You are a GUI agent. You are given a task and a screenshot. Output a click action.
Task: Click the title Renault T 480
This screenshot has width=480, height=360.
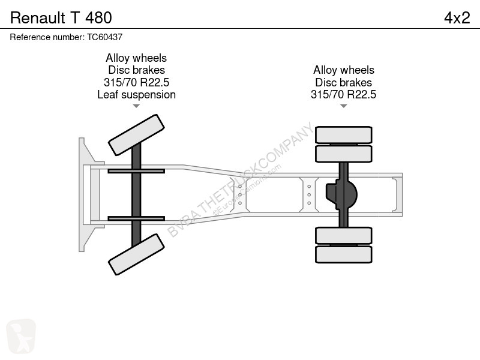click(x=61, y=18)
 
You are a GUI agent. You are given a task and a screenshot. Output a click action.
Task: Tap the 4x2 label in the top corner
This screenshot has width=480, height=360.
click(x=457, y=18)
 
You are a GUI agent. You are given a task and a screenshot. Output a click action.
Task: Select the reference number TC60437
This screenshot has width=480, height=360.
click(x=104, y=37)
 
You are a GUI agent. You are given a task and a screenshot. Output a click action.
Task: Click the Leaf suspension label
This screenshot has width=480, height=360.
click(x=137, y=95)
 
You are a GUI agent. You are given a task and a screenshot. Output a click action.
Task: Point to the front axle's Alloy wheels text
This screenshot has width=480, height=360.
click(x=136, y=58)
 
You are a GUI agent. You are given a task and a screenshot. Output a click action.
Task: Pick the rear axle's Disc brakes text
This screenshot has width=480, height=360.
click(x=343, y=82)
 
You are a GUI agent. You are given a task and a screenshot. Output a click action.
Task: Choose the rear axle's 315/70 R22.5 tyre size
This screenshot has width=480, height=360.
click(x=343, y=94)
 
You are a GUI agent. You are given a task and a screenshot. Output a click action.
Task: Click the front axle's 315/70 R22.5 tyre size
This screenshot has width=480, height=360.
click(x=137, y=82)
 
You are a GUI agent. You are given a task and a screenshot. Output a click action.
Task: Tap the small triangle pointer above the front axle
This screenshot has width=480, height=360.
click(x=136, y=106)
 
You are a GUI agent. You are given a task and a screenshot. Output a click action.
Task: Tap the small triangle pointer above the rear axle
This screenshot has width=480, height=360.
click(x=343, y=106)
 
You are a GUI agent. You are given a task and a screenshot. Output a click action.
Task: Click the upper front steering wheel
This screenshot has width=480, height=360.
click(x=137, y=135)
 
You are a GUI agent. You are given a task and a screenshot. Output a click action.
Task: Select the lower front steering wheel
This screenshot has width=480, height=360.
click(x=137, y=254)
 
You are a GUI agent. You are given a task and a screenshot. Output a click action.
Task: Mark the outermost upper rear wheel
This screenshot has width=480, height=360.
click(x=343, y=134)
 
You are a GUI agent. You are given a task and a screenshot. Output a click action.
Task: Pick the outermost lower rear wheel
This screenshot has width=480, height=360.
click(x=343, y=254)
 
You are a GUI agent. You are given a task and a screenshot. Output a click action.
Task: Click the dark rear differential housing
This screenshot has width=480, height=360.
click(x=341, y=194)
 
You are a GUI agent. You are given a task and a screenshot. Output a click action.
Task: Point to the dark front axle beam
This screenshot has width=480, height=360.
click(x=136, y=194)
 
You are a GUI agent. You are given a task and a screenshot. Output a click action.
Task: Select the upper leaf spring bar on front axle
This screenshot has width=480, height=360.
click(x=136, y=171)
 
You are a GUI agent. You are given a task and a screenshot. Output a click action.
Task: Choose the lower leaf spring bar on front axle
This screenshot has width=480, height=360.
click(x=136, y=218)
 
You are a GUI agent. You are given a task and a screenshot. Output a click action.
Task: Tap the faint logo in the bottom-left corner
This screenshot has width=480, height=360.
click(x=21, y=336)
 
